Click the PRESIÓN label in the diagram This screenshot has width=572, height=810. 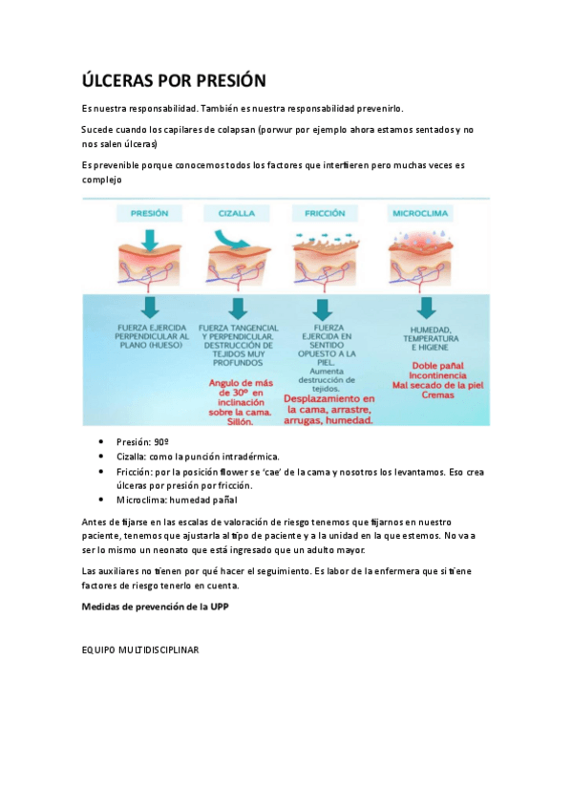150,213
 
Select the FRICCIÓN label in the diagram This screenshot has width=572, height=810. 326,213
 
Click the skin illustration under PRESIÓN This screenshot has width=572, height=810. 150,258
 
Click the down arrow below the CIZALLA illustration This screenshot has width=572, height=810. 238,309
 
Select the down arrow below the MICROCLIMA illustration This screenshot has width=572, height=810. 424,309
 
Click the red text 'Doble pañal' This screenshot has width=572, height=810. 424,365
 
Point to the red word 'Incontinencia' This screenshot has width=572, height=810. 424,376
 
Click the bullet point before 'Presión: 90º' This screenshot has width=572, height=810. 101,443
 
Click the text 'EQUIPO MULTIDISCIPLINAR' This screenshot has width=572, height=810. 141,649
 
